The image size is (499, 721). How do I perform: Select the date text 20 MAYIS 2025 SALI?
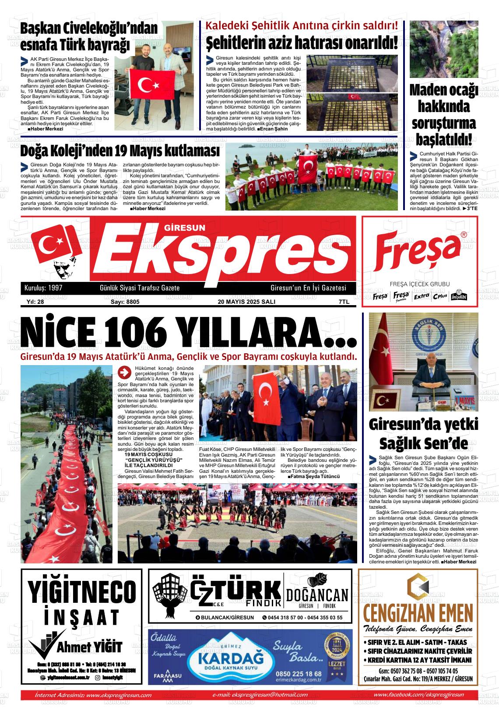tap(246, 302)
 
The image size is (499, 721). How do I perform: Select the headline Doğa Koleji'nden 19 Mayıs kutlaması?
tap(120, 151)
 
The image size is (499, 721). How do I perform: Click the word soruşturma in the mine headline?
tap(444, 123)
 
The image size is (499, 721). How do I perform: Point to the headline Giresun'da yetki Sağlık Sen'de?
tap(423, 434)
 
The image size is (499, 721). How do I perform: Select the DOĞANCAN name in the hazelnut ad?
tap(317, 595)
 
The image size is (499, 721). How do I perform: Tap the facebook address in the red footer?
tap(419, 695)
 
